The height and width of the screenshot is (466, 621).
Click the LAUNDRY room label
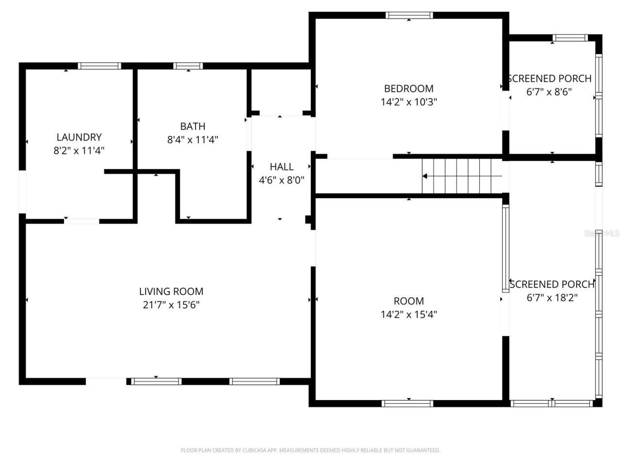pyautogui.click(x=79, y=137)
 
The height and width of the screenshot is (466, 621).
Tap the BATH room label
pyautogui.click(x=193, y=126)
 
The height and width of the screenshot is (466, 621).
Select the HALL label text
pyautogui.click(x=281, y=166)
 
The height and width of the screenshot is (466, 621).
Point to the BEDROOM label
pyautogui.click(x=409, y=88)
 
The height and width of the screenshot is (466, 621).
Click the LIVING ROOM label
pyautogui.click(x=171, y=291)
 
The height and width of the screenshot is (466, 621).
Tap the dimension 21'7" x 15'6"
pyautogui.click(x=171, y=305)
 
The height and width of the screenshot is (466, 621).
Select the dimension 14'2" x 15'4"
pyautogui.click(x=409, y=314)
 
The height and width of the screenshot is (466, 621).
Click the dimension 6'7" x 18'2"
pyautogui.click(x=552, y=298)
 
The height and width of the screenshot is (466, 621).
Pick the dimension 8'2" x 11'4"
pyautogui.click(x=79, y=150)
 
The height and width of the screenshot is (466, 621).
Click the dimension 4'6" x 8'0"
pyautogui.click(x=281, y=180)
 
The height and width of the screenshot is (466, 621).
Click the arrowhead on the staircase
pyautogui.click(x=425, y=176)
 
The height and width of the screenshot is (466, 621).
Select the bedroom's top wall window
pyautogui.click(x=409, y=16)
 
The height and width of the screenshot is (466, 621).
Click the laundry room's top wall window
pyautogui.click(x=99, y=67)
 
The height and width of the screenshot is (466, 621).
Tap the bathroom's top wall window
pyautogui.click(x=188, y=67)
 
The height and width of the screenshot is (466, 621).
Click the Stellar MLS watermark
pyautogui.click(x=602, y=233)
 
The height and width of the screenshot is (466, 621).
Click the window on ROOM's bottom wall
pyautogui.click(x=408, y=403)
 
